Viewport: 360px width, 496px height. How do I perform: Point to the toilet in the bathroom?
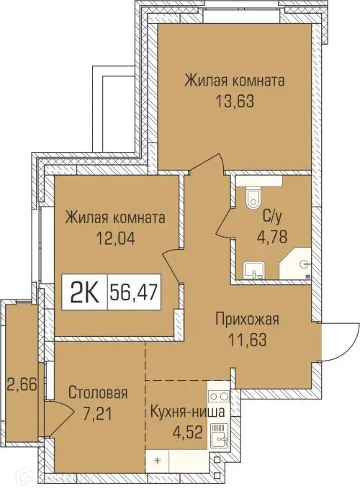click(251, 199)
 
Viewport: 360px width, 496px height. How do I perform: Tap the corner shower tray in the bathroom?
click(298, 264)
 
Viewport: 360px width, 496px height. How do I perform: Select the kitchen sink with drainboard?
click(218, 433)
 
